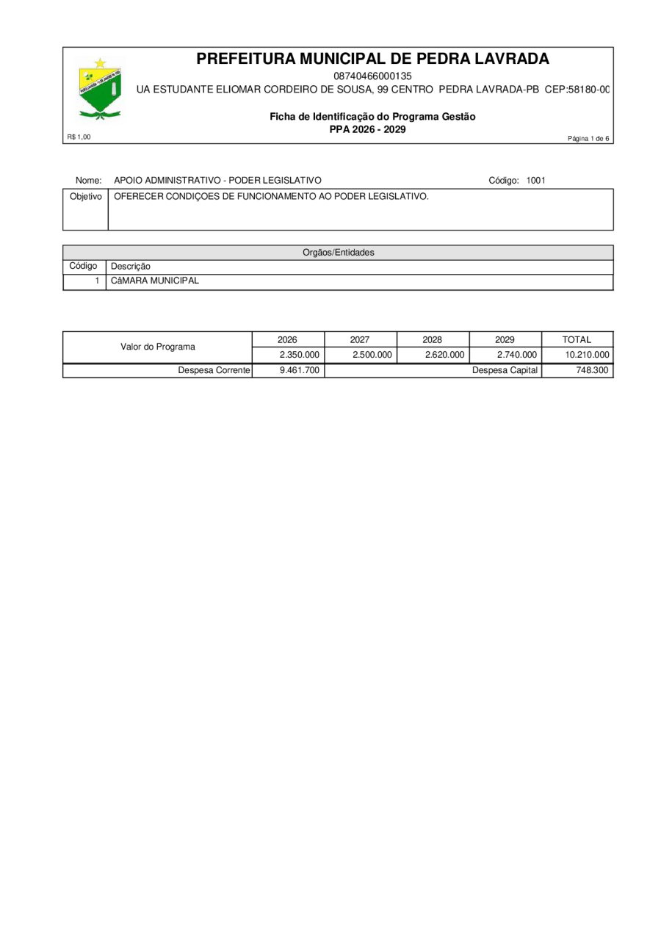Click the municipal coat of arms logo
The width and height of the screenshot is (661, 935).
pos(100,90)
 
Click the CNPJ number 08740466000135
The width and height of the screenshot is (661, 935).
pos(372,76)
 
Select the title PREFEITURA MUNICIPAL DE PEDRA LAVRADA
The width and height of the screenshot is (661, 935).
pos(372,59)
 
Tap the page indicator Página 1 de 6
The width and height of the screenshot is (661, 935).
pos(588,139)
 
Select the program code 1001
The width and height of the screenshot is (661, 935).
pos(535,180)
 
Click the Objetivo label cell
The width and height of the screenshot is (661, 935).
pos(85,197)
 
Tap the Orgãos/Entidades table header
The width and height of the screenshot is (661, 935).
pos(338,252)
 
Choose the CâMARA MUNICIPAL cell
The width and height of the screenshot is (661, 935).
pos(155,281)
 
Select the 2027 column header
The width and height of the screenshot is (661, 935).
pos(360,339)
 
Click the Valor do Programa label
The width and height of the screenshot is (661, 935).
pos(158,347)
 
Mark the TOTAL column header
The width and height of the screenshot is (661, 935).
pos(577,339)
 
